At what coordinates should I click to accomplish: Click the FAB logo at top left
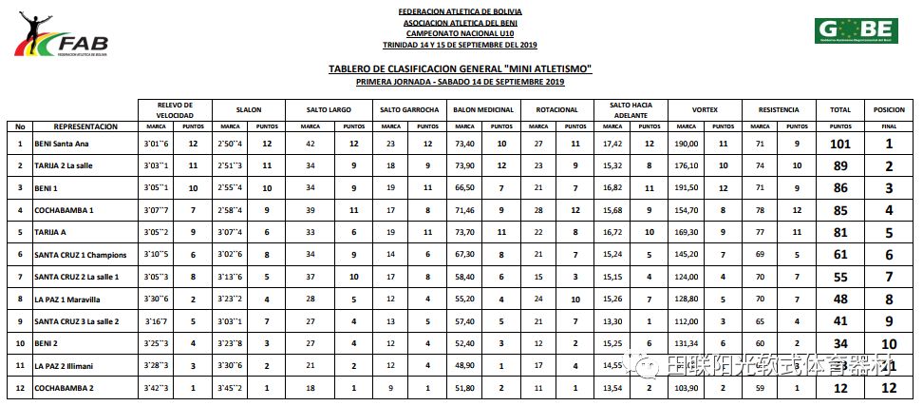point(61,37)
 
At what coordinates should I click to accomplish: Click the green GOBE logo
point(855,30)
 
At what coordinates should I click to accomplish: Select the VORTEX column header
point(704,109)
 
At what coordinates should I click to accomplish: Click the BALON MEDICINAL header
point(483,109)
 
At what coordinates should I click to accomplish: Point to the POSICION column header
point(889,109)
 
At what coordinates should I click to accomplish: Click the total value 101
point(839,144)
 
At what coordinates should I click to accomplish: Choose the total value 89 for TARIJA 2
point(839,165)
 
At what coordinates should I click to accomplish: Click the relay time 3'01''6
point(156,144)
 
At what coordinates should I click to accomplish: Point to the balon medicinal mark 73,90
point(464,165)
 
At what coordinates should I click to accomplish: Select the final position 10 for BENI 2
point(889,343)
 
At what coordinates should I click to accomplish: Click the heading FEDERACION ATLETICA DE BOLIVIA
point(460,12)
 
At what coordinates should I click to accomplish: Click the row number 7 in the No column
point(20,277)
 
